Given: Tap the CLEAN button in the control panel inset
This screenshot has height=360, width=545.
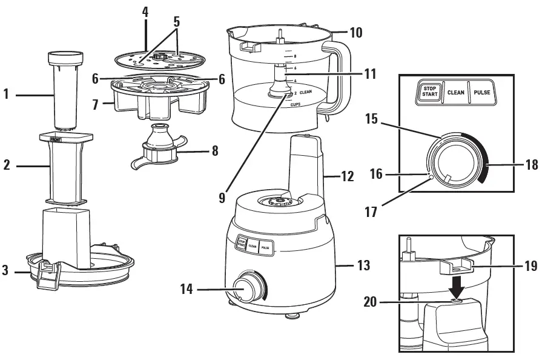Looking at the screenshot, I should [x=455, y=93].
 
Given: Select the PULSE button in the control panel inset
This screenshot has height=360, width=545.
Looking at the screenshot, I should [x=481, y=93].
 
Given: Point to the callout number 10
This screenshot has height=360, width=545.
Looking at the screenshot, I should [x=355, y=32].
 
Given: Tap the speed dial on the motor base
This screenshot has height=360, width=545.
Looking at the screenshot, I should [x=247, y=287].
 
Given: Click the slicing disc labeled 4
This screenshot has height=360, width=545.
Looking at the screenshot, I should [x=159, y=59].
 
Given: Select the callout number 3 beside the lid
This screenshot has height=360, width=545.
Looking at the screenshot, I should [x=7, y=271].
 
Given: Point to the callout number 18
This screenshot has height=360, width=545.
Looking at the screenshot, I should [x=532, y=164].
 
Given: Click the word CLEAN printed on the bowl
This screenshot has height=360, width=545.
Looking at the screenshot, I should [x=305, y=92].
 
